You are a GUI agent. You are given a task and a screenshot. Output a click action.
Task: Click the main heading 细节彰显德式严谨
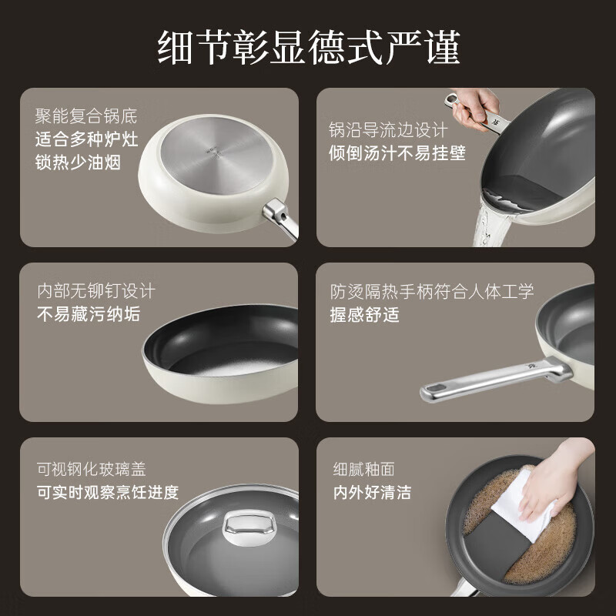pyautogui.click(x=308, y=47)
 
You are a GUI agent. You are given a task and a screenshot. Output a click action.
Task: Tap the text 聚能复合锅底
pyautogui.click(x=86, y=117)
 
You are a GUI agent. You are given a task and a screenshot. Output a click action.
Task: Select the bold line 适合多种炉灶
pyautogui.click(x=86, y=140)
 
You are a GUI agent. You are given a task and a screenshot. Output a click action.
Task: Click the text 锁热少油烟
pyautogui.click(x=78, y=163)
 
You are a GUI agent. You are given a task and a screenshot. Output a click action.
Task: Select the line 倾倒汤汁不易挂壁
pyautogui.click(x=397, y=153)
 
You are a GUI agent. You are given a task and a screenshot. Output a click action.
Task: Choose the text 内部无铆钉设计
pyautogui.click(x=96, y=292)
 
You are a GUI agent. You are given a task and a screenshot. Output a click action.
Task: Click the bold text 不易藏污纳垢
pyautogui.click(x=89, y=314)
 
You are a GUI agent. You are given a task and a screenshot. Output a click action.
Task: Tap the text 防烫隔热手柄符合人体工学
pyautogui.click(x=431, y=292)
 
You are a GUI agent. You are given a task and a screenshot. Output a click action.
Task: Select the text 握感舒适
pyautogui.click(x=364, y=314)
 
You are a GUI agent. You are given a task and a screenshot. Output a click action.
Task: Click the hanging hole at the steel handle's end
pyautogui.click(x=435, y=390)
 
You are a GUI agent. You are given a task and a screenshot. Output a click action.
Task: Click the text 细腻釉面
pyautogui.click(x=364, y=469)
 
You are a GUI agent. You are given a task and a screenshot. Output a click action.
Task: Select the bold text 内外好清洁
pyautogui.click(x=372, y=492)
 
